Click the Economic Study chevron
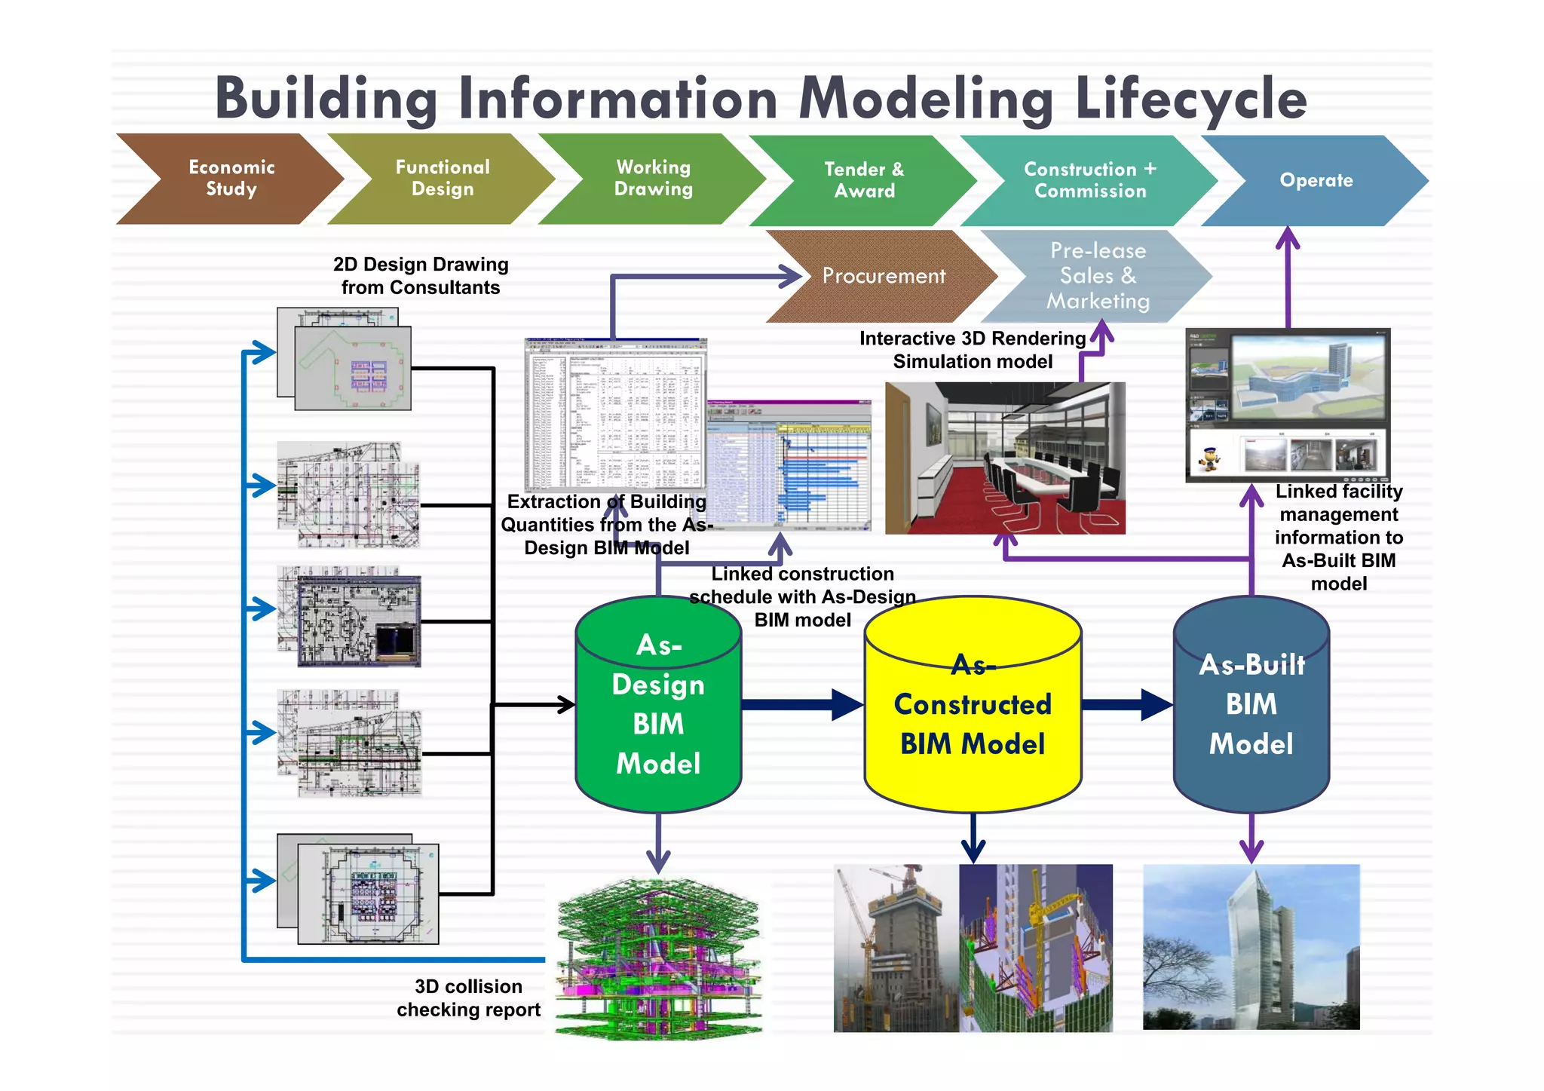[230, 179]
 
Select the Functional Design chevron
[443, 179]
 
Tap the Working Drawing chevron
[653, 179]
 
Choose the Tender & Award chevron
[864, 180]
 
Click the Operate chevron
[1316, 180]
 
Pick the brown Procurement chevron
[882, 276]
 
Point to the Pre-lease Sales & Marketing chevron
[1097, 276]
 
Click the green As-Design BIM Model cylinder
[658, 705]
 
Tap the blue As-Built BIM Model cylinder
[1251, 705]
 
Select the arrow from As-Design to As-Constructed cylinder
[803, 705]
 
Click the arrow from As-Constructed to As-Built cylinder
[1127, 705]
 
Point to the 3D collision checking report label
[468, 998]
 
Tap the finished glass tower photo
[1251, 947]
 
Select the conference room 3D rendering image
[1005, 458]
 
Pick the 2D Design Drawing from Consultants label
[421, 276]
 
